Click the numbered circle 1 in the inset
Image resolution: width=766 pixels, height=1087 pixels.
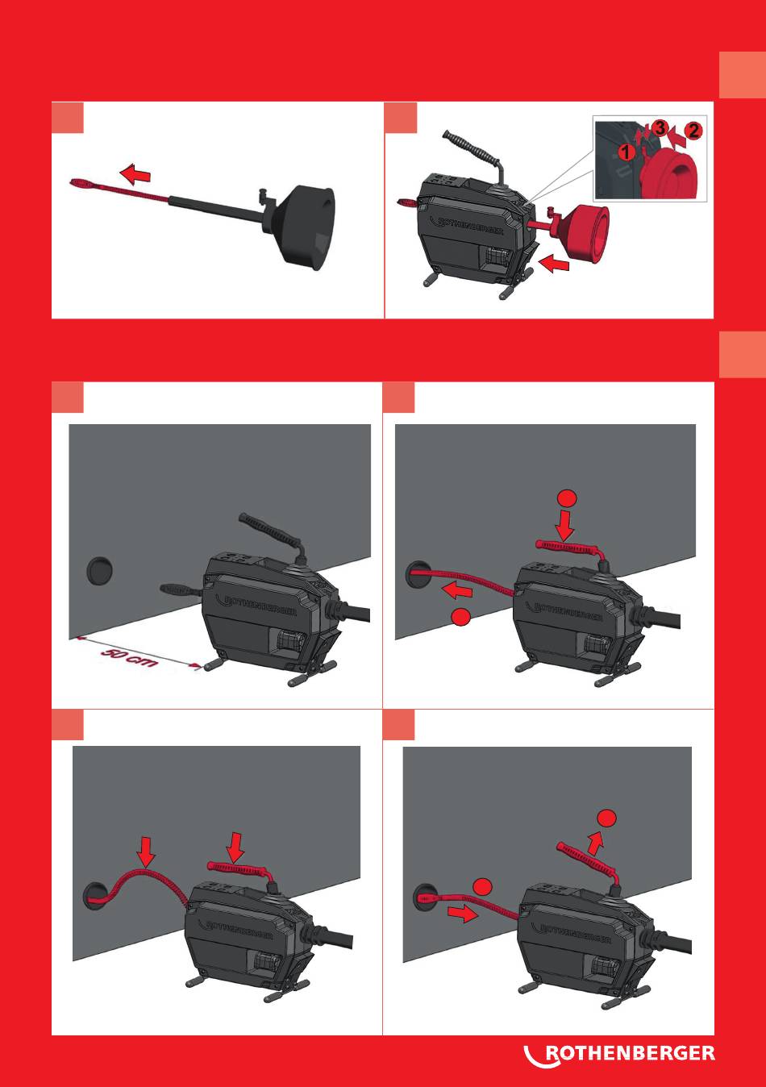(627, 152)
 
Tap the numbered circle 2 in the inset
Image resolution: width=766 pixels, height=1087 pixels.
(693, 131)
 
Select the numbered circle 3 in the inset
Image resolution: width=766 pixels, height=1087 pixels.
(660, 128)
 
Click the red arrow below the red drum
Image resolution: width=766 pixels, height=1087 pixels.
(554, 265)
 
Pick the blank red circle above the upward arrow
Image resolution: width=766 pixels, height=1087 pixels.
(606, 818)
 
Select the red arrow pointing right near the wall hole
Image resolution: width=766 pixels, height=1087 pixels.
(463, 914)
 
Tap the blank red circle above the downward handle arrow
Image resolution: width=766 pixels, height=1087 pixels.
(568, 499)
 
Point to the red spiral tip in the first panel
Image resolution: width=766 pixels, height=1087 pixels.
(78, 183)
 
